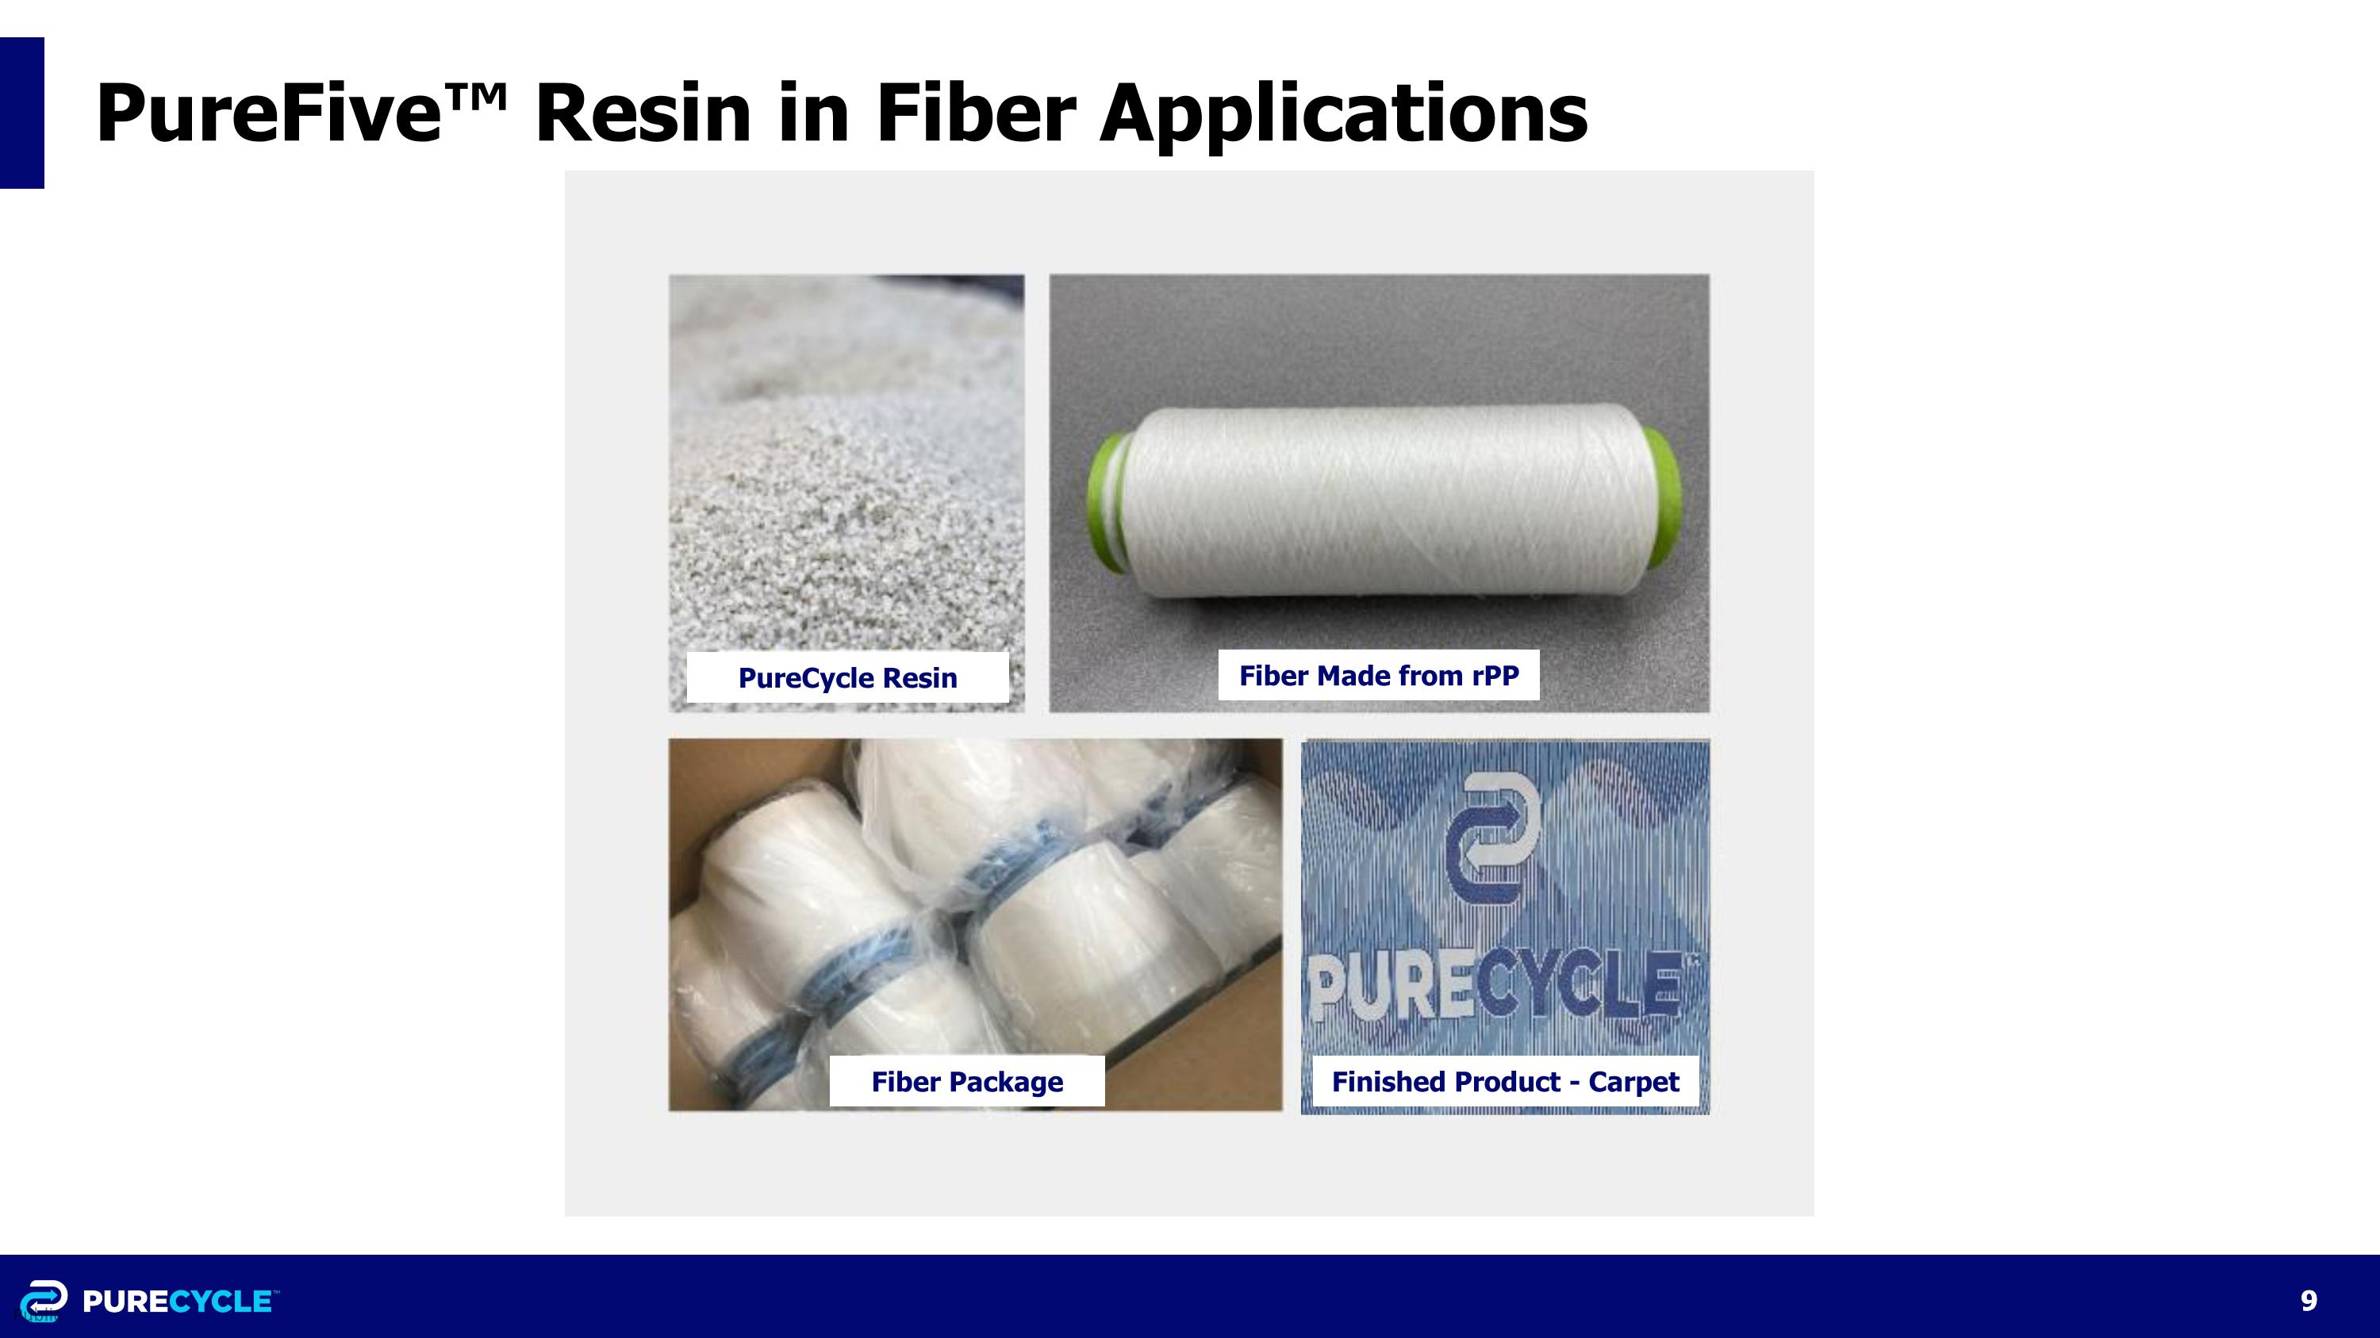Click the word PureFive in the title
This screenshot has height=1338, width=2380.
click(x=268, y=114)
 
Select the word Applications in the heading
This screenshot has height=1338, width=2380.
click(x=1343, y=114)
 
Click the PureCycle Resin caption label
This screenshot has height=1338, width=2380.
click(x=847, y=678)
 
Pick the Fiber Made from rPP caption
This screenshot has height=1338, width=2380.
click(x=1379, y=675)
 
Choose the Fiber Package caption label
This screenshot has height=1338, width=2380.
click(x=966, y=1081)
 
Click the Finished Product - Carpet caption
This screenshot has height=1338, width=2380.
click(x=1504, y=1081)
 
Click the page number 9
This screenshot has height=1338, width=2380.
click(x=2308, y=1300)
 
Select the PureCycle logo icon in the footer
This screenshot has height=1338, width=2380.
click(x=44, y=1300)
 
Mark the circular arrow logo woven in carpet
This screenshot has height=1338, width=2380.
click(x=1493, y=839)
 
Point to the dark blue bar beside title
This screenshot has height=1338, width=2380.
click(x=21, y=113)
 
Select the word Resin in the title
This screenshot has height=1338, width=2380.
click(x=643, y=114)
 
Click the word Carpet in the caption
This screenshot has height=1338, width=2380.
click(x=1633, y=1081)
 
